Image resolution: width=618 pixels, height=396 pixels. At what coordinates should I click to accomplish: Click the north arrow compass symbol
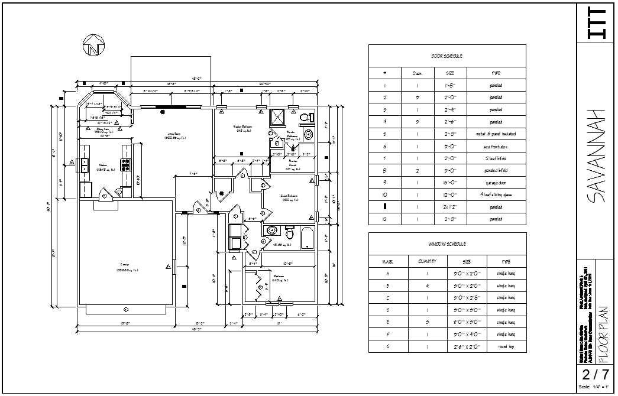tap(93, 45)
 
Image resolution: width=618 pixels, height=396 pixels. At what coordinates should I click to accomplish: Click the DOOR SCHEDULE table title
tap(447, 56)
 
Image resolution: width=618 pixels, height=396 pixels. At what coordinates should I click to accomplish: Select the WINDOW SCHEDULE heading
tap(447, 244)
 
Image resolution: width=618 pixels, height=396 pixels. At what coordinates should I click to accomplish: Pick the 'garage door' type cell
tap(496, 183)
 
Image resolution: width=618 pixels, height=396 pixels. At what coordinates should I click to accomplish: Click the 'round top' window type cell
tap(506, 347)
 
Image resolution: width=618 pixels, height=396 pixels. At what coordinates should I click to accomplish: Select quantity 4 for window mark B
tap(426, 285)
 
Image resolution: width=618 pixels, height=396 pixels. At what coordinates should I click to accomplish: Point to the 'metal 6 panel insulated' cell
tap(496, 134)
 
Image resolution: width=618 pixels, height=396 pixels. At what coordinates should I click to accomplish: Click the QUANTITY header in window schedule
tap(426, 261)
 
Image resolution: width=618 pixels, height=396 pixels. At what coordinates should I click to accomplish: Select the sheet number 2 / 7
tap(596, 374)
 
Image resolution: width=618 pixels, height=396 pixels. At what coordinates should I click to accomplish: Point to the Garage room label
tap(125, 265)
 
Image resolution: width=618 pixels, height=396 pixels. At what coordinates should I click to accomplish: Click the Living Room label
tap(176, 135)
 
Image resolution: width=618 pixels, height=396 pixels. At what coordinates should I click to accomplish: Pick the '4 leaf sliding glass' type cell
tap(496, 195)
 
